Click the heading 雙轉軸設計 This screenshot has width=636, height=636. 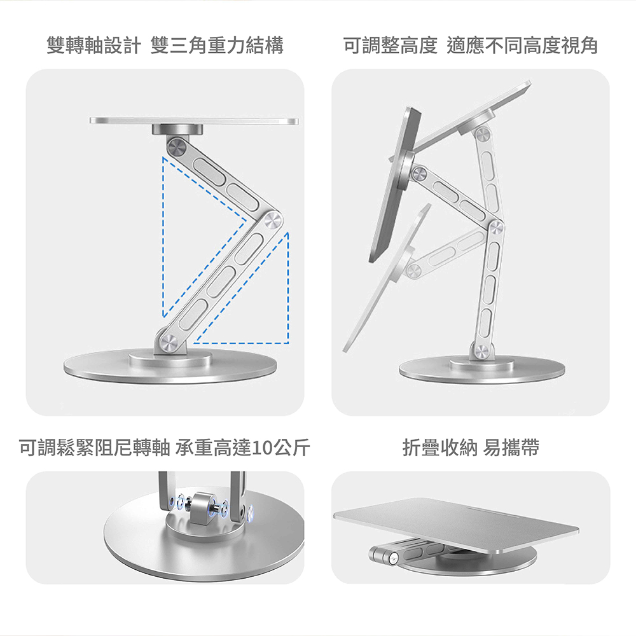click(93, 45)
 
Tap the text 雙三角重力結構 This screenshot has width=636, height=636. click(217, 45)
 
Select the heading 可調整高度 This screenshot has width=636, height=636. click(391, 45)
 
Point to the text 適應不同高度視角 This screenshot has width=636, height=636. click(522, 45)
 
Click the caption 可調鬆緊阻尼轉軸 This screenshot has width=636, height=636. click(95, 448)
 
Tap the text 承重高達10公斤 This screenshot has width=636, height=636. click(242, 448)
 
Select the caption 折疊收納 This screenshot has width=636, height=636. click(439, 448)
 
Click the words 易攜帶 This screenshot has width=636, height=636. click(511, 448)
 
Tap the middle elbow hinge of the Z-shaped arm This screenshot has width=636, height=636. click(272, 221)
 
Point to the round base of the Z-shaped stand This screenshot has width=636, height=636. click(170, 366)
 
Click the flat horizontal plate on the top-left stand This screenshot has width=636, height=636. click(194, 121)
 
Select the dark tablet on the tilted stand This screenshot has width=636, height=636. click(395, 185)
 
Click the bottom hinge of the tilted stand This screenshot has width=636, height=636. click(481, 350)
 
